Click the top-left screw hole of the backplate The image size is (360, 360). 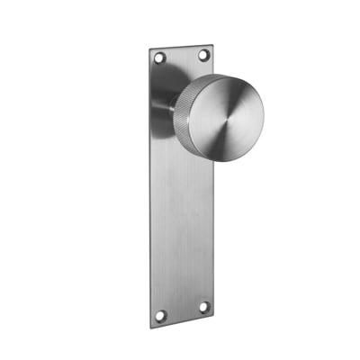tap(161, 58)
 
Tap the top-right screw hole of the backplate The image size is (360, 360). tap(202, 56)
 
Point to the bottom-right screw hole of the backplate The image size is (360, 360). tap(202, 307)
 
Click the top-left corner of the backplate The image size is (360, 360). tap(150, 49)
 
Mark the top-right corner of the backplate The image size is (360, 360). tap(212, 45)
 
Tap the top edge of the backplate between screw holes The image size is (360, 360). tap(182, 48)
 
